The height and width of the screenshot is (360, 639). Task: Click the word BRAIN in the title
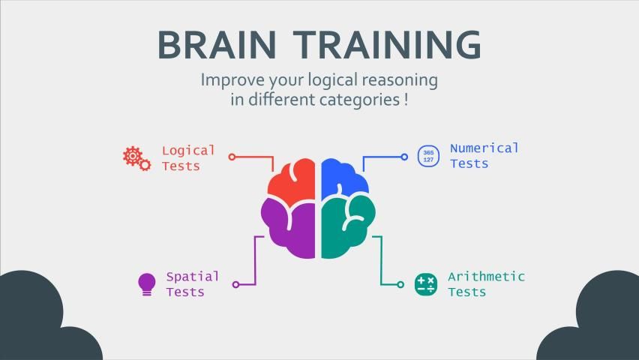click(217, 45)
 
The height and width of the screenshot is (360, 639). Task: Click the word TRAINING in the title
click(388, 45)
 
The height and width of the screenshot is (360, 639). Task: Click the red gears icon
click(137, 158)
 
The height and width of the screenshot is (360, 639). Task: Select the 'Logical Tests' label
click(188, 158)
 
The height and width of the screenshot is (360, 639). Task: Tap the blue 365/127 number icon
click(428, 156)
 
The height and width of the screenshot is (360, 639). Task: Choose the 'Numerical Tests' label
click(484, 156)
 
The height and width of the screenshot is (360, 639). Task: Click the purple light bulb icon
click(147, 284)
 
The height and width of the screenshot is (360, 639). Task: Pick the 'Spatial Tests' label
click(192, 284)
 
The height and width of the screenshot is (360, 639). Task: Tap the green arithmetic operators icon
click(426, 284)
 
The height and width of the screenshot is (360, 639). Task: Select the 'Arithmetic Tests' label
click(486, 284)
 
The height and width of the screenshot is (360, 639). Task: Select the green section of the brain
click(346, 228)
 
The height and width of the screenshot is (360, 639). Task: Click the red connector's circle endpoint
click(232, 157)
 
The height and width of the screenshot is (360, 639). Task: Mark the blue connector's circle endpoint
click(404, 157)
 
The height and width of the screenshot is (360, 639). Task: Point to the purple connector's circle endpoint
click(235, 284)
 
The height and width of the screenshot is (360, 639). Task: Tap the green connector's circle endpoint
click(400, 284)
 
